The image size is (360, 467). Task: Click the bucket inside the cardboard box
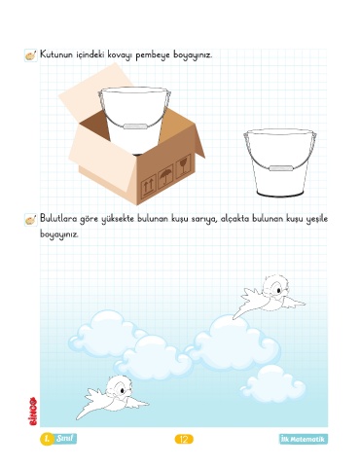(x=134, y=120)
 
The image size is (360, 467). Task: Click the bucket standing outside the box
(x=280, y=162)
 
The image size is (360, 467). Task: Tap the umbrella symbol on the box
(x=165, y=176)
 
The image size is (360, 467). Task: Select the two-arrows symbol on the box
(x=148, y=187)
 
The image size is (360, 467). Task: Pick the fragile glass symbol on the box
(x=183, y=166)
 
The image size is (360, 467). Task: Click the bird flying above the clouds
(x=269, y=297)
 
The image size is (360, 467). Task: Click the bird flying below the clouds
(x=112, y=396)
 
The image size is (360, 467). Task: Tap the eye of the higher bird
(x=278, y=291)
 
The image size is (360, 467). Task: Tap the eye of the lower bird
(x=122, y=391)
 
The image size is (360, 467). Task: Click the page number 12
(x=184, y=440)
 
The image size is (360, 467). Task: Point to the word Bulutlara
(x=58, y=219)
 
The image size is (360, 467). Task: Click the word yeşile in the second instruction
(x=317, y=220)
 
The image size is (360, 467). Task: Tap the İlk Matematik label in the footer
(x=304, y=439)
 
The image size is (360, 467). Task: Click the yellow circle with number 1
(x=47, y=439)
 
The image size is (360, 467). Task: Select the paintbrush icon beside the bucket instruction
(x=31, y=55)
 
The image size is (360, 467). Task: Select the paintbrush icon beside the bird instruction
(x=31, y=220)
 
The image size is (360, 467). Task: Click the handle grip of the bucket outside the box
(x=281, y=168)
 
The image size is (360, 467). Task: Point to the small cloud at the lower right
(x=273, y=383)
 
